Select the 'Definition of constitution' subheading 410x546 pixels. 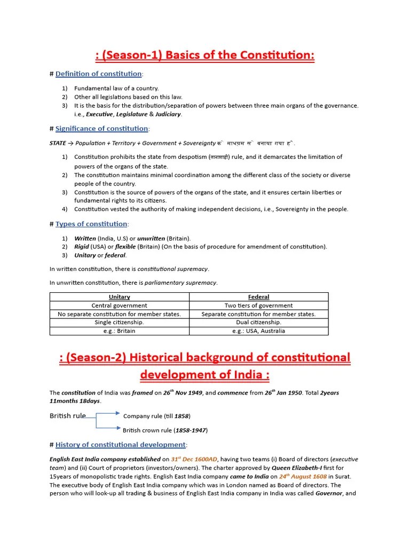98,74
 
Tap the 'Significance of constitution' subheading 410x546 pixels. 102,129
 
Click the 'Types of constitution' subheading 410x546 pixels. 91,224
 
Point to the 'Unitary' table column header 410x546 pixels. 119,297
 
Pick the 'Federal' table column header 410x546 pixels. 258,297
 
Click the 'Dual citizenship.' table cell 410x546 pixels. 258,322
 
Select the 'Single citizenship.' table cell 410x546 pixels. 119,322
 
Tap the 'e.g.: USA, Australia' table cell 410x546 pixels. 258,331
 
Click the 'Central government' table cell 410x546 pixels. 119,306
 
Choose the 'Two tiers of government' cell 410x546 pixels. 258,306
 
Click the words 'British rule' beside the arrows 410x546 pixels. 68,416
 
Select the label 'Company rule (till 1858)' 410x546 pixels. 156,416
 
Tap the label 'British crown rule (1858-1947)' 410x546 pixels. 165,430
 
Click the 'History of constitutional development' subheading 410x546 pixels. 121,445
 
